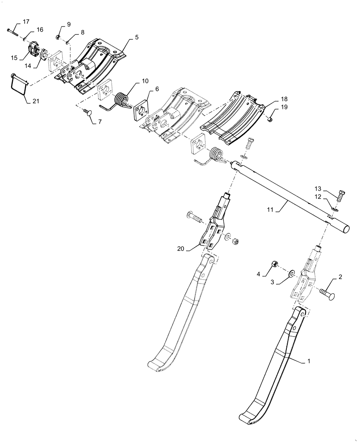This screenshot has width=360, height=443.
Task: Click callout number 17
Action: pyautogui.click(x=26, y=22)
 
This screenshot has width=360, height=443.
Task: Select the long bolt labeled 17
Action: pyautogui.click(x=13, y=31)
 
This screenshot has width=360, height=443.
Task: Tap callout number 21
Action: pyautogui.click(x=35, y=101)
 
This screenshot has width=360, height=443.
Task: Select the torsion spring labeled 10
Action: pyautogui.click(x=121, y=100)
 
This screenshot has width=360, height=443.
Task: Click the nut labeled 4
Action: pyautogui.click(x=274, y=265)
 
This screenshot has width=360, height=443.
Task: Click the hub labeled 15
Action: pyautogui.click(x=33, y=50)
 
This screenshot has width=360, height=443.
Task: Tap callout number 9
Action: pyautogui.click(x=69, y=24)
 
